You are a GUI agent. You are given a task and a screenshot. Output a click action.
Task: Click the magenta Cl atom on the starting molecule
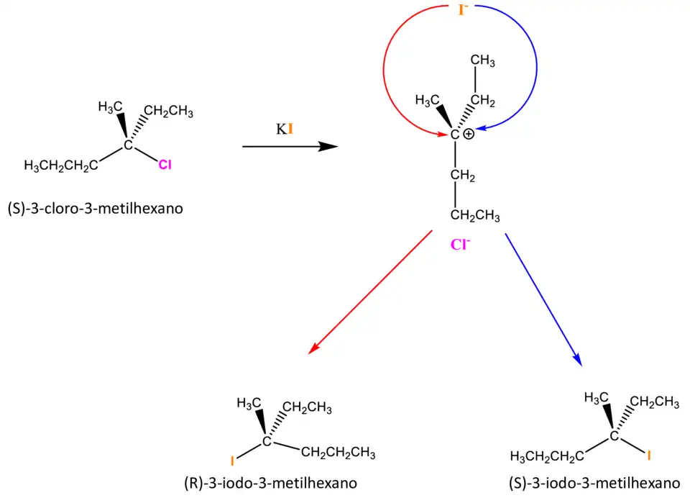pyautogui.click(x=165, y=166)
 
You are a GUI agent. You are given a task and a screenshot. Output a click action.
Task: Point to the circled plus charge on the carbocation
pyautogui.click(x=469, y=134)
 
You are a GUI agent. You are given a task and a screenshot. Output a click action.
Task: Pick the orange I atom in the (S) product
pyautogui.click(x=649, y=455)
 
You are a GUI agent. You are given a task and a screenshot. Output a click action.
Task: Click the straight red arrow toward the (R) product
pyautogui.click(x=369, y=292)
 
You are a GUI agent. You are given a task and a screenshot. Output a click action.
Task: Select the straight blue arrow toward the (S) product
pyautogui.click(x=542, y=298)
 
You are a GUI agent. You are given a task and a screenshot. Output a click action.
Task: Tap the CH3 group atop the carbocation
pyautogui.click(x=483, y=61)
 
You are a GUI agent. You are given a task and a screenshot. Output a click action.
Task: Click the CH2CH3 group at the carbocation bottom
pyautogui.click(x=474, y=215)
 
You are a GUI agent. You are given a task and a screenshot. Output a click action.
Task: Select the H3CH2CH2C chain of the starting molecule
pyautogui.click(x=61, y=166)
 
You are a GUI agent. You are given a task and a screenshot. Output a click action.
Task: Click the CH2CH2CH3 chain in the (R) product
pyautogui.click(x=338, y=453)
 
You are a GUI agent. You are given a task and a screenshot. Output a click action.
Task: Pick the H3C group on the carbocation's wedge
pyautogui.click(x=428, y=99)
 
